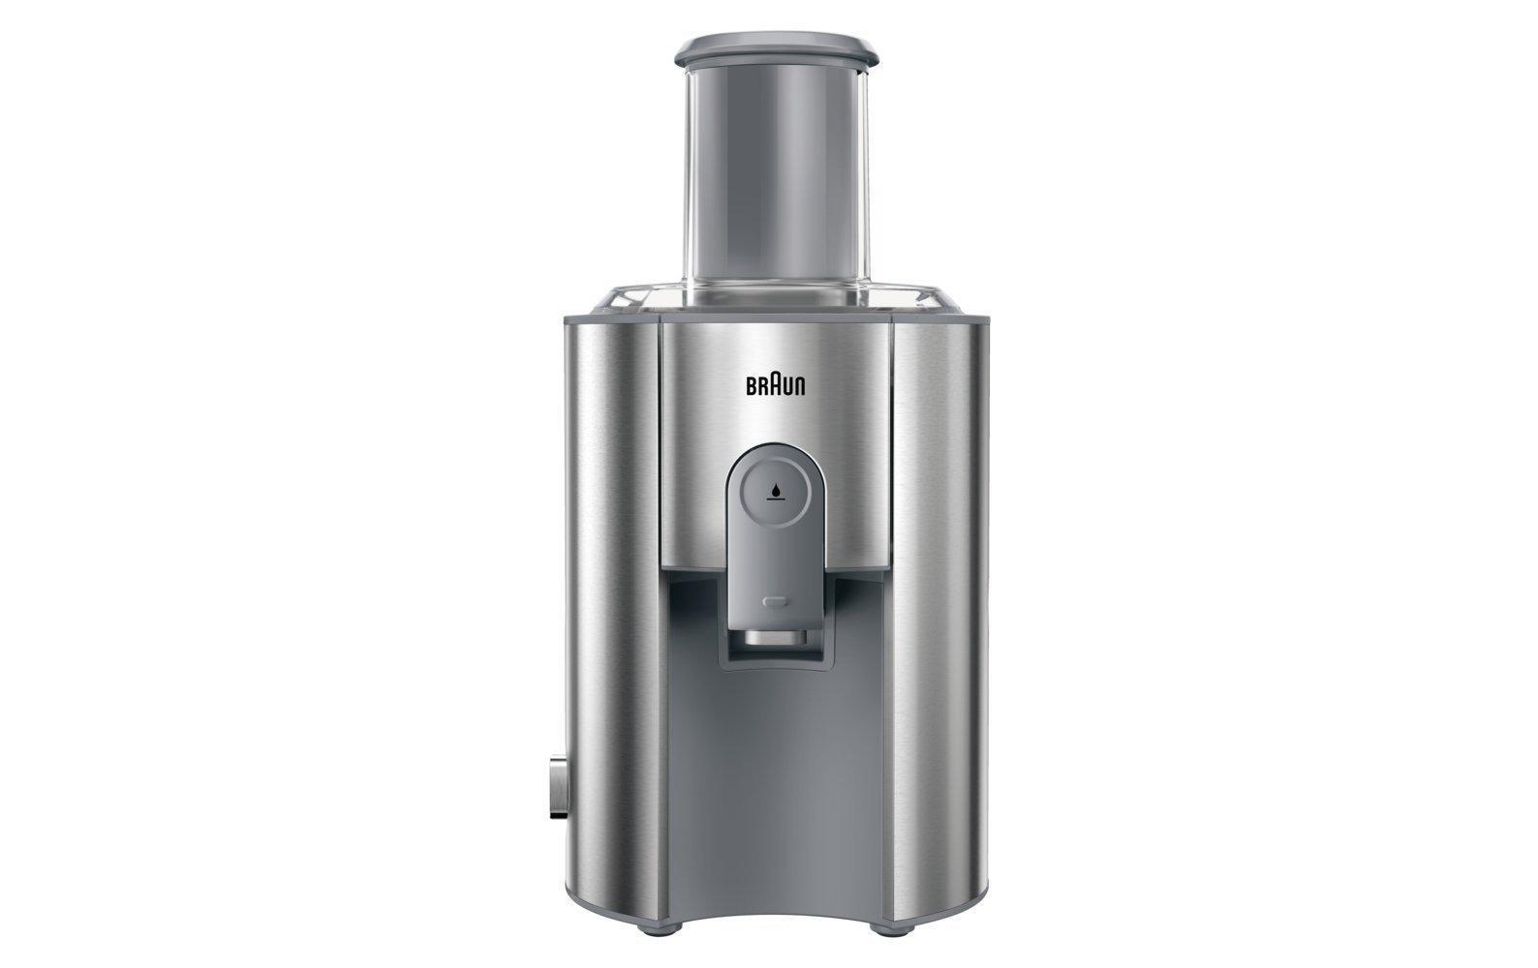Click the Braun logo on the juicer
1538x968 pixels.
click(x=776, y=384)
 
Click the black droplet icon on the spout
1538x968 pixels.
click(x=776, y=491)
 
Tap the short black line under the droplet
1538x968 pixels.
click(x=776, y=501)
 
